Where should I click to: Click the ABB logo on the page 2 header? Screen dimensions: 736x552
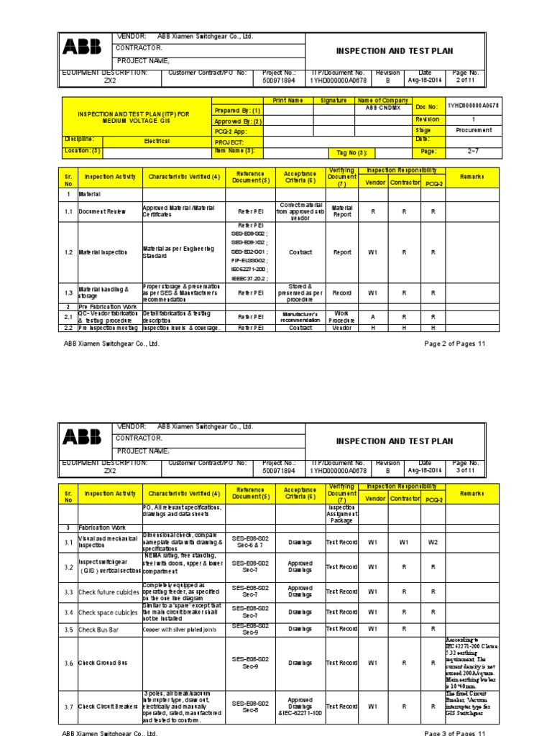coord(83,48)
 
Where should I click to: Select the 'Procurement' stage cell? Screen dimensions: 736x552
coord(474,130)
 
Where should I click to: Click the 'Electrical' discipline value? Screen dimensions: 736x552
coord(157,142)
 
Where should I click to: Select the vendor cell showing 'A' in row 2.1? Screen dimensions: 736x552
coord(372,316)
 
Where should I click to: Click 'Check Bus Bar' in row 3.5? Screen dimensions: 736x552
coord(100,630)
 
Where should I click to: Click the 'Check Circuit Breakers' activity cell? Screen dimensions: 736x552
coord(108,707)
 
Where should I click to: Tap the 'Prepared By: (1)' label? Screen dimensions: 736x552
coord(237,111)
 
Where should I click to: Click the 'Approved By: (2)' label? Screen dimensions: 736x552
coord(238,121)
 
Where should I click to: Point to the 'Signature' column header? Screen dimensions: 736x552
coord(333,101)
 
